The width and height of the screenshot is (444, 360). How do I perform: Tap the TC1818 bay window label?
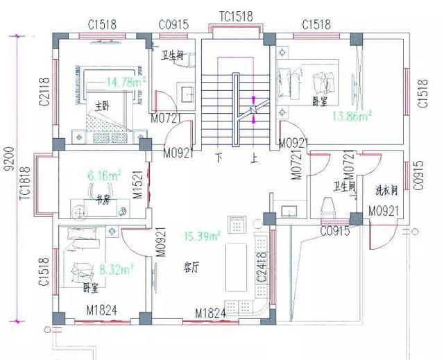tap(26, 184)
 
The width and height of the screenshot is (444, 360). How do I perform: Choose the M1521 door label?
tap(138, 184)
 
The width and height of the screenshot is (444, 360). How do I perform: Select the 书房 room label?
tap(103, 198)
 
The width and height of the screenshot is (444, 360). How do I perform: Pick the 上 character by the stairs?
tap(255, 157)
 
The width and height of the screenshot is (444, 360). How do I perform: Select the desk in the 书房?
tap(100, 207)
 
